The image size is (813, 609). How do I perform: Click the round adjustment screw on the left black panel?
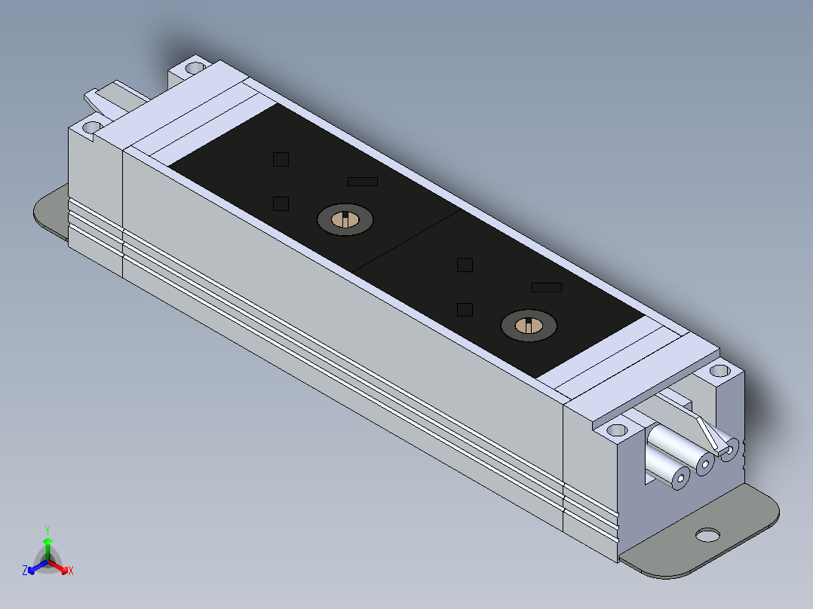[x=345, y=219]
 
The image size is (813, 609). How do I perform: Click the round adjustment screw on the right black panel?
[x=529, y=326]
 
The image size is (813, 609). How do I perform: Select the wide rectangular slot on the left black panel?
[x=363, y=182]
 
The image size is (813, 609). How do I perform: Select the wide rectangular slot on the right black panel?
[x=547, y=287]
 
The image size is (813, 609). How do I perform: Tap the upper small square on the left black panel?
[x=281, y=159]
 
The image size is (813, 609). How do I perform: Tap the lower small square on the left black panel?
[x=281, y=204]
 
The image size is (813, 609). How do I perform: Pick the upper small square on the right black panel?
[x=465, y=265]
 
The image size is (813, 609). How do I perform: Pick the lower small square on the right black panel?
[x=465, y=309]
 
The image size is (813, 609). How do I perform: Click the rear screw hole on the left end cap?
[x=195, y=68]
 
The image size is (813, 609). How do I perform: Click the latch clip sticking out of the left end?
[x=96, y=98]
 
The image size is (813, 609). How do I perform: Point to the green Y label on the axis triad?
[x=48, y=529]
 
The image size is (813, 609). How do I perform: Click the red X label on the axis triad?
[x=70, y=571]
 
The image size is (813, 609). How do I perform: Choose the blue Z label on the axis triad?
[x=25, y=571]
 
